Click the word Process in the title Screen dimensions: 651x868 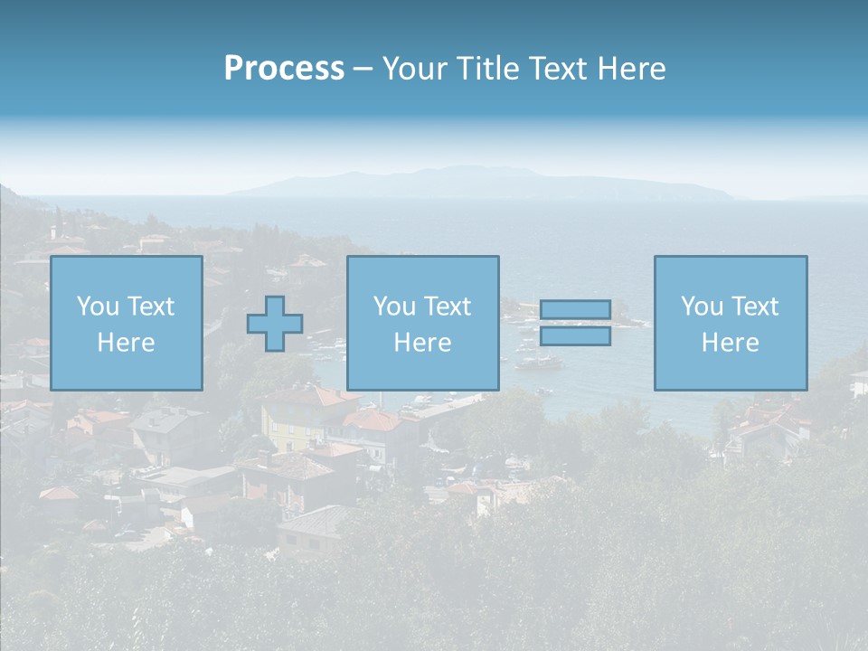[x=284, y=69]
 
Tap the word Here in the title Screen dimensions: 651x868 [x=631, y=69]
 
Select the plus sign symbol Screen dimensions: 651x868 [x=275, y=324]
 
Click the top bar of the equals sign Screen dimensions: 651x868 [x=575, y=310]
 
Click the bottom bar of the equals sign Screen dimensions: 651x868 [x=575, y=336]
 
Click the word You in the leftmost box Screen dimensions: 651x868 [x=96, y=307]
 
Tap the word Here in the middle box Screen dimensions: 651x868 [x=423, y=343]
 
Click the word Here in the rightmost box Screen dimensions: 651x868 [x=731, y=343]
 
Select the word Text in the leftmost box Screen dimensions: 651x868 [x=150, y=307]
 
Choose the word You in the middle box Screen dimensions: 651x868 [x=393, y=307]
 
